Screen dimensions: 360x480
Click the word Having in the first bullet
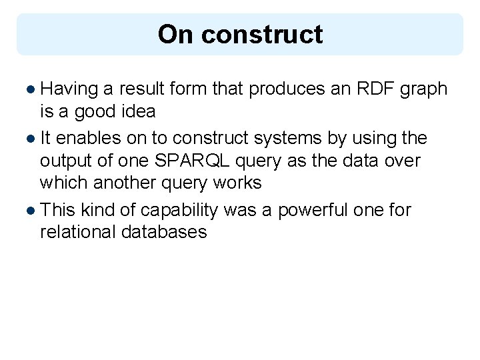(68, 89)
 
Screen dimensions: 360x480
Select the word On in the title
(175, 35)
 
